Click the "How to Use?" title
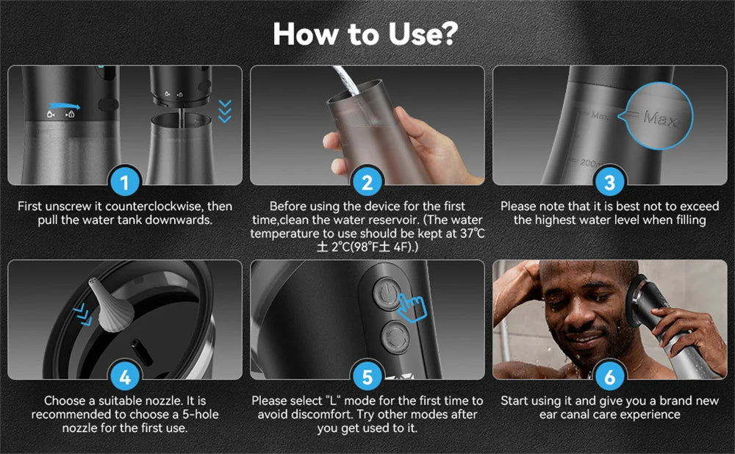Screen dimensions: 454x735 click(x=367, y=33)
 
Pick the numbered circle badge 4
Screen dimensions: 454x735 click(x=124, y=377)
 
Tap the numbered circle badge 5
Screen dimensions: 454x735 click(x=367, y=377)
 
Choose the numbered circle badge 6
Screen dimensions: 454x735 click(x=609, y=377)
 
